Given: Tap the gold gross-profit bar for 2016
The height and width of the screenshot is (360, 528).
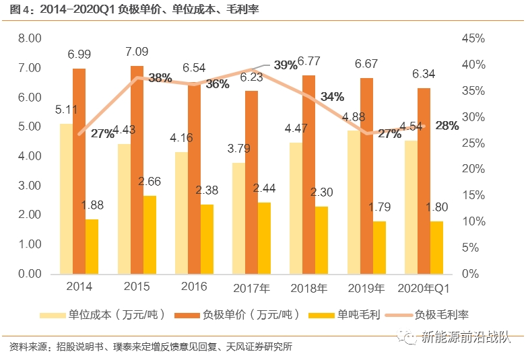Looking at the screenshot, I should tap(207, 239).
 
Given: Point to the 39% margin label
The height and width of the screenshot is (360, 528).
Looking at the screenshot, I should tap(286, 65).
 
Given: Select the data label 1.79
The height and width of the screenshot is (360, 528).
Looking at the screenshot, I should tap(380, 207).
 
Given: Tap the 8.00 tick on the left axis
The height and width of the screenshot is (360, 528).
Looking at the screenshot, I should tap(30, 38).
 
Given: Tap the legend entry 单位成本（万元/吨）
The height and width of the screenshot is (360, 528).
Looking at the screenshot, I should tap(107, 314).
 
